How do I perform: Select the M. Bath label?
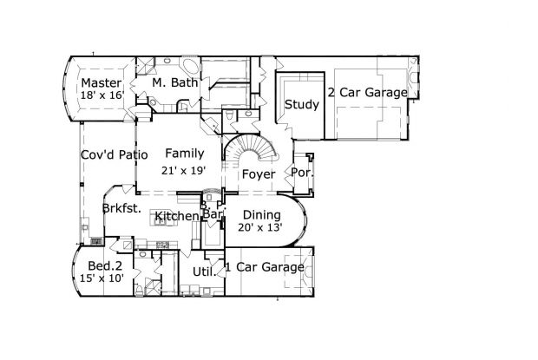(171, 82)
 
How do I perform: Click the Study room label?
(301, 105)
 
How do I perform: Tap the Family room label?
(184, 153)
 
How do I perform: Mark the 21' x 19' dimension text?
(184, 170)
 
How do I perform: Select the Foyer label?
(258, 174)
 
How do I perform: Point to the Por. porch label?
(303, 173)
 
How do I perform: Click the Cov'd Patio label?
(114, 155)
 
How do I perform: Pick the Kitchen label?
(177, 215)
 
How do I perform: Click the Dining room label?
(260, 214)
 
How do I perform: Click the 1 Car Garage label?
(265, 267)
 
